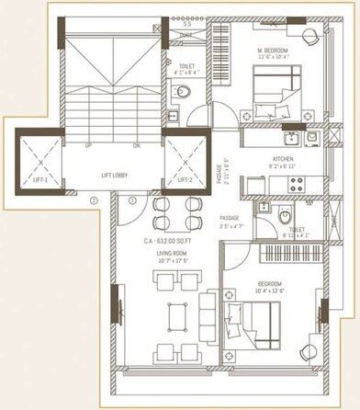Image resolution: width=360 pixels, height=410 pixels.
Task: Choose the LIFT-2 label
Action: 184,180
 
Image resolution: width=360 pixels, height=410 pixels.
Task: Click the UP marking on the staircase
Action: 87,145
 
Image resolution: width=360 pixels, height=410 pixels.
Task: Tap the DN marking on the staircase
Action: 136,145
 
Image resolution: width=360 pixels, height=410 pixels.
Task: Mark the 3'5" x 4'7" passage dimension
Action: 230,224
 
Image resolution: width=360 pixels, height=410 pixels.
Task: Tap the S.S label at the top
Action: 188,21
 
